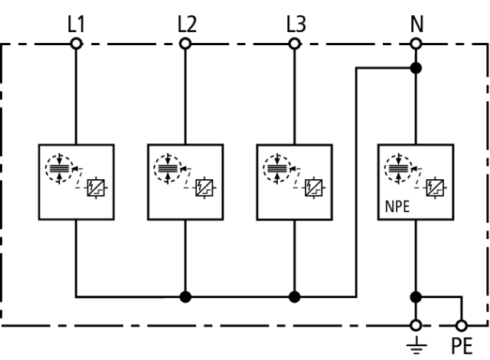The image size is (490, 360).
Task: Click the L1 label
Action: (76, 24)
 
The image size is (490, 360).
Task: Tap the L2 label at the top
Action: (187, 24)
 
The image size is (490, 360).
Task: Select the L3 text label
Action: (296, 24)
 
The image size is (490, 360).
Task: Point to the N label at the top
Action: (416, 24)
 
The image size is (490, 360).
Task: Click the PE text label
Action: (462, 346)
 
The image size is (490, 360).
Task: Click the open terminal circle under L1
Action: (77, 44)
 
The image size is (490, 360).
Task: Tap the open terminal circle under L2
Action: (185, 44)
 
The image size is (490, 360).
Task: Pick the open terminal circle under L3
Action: (294, 44)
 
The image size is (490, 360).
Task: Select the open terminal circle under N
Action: (416, 44)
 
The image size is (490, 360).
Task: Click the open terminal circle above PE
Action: (462, 326)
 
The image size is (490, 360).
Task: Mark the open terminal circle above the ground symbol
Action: (416, 326)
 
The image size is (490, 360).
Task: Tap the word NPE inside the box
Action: (397, 207)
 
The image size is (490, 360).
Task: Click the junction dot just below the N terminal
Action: (416, 68)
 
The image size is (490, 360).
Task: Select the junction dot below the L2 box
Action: (185, 296)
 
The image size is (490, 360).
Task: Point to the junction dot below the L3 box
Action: (294, 296)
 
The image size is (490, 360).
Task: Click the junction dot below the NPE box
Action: (416, 297)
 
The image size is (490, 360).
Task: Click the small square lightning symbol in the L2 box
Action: (204, 188)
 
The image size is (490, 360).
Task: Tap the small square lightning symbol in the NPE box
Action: (435, 188)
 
